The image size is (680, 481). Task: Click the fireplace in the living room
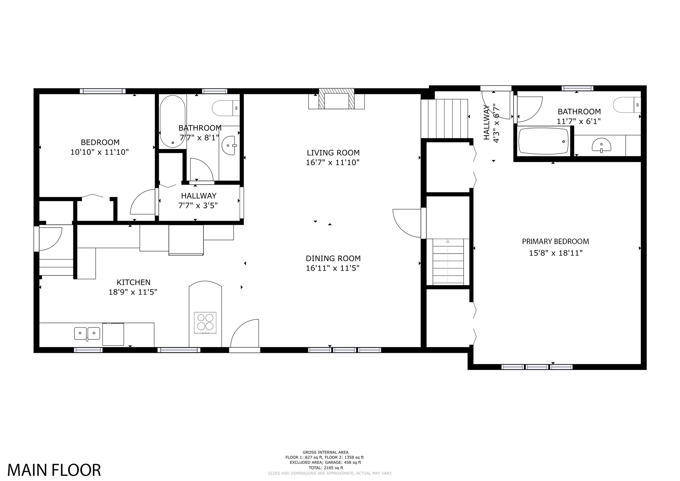coord(336,99)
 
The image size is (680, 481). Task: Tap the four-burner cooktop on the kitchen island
coord(205,323)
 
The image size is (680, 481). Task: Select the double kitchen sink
coord(87,334)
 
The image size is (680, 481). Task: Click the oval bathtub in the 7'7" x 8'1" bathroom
coord(173,121)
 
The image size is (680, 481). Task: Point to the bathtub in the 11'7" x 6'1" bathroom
coord(544,141)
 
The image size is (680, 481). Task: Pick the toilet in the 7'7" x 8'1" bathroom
coord(226,108)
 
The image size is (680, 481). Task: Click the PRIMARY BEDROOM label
coord(555,241)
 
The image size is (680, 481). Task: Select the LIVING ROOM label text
coord(333,153)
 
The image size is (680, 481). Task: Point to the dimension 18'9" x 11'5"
coord(133,292)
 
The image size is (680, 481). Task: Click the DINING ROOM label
coord(333,258)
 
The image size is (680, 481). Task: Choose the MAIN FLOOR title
coord(54,470)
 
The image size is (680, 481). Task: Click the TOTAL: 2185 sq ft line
coord(326,468)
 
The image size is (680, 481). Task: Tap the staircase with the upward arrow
coord(448,261)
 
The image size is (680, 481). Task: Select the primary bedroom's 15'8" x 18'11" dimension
coord(556,253)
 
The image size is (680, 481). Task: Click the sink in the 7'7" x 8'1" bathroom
coord(229,146)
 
